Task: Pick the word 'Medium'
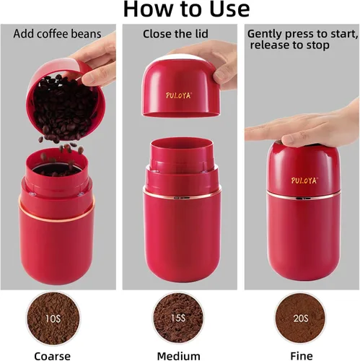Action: click(179, 355)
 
